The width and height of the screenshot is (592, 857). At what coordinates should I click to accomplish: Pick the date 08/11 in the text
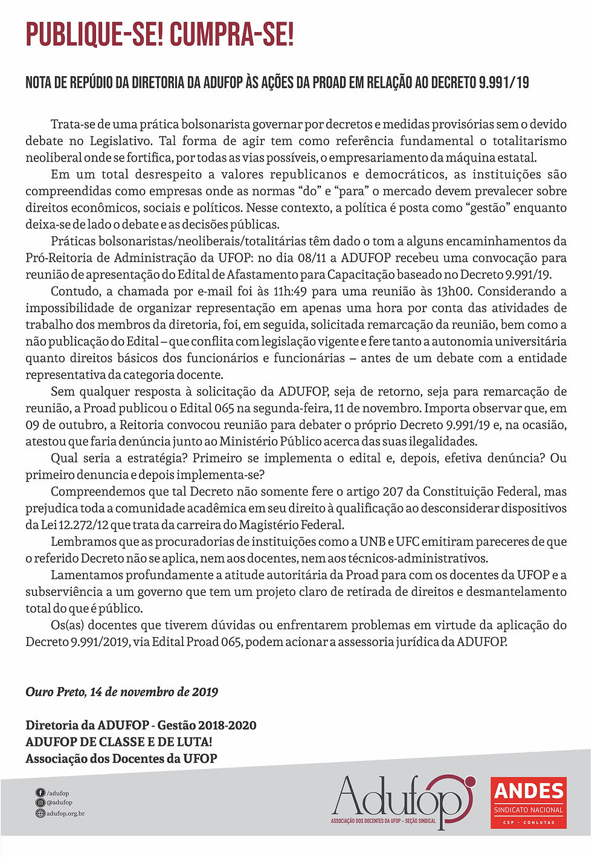click(312, 258)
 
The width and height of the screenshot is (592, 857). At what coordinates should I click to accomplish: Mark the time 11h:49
click(290, 291)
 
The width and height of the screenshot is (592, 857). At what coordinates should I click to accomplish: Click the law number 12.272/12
click(74, 525)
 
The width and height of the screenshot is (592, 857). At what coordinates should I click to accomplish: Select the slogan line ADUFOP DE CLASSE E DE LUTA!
click(119, 742)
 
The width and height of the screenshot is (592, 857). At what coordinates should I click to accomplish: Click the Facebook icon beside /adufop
click(40, 793)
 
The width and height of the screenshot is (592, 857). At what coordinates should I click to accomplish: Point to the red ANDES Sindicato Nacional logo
click(529, 802)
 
